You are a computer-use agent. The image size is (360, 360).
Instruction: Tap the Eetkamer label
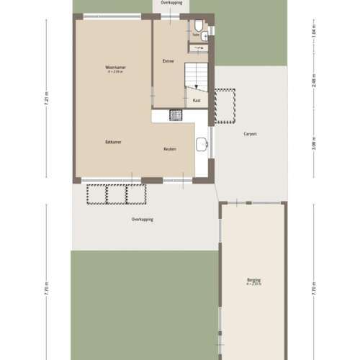pos(112,142)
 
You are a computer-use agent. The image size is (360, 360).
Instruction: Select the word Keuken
pos(170,149)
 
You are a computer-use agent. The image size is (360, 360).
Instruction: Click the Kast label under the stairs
pos(197,101)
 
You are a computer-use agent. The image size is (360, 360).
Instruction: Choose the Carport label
pos(251,134)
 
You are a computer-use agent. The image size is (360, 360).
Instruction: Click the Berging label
pos(253,280)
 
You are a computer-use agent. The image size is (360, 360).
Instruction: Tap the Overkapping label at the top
pos(171,4)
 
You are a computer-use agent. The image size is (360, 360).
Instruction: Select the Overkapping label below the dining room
pos(142,220)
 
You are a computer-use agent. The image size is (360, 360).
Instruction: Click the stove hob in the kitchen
pos(176,114)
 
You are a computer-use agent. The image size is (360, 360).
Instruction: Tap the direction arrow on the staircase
pos(194,86)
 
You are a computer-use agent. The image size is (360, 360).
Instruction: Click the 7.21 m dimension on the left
pos(47,101)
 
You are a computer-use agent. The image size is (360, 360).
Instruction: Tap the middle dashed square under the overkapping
pos(116,194)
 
